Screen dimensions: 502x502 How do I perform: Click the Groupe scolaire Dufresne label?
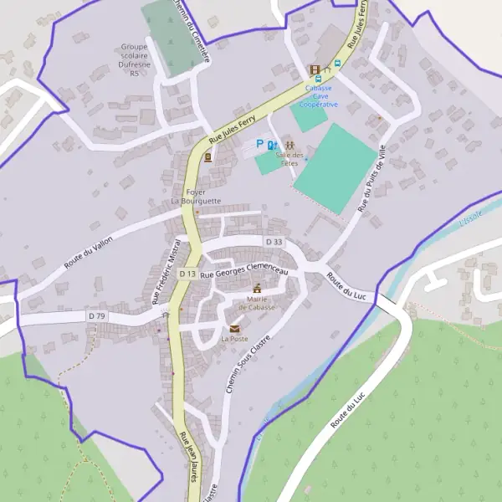134,59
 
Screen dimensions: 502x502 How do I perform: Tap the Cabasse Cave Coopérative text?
319,96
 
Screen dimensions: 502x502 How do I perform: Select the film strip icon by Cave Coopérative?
315,70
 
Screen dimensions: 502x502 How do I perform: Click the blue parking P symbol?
259,144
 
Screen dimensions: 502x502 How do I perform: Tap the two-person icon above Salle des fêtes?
289,145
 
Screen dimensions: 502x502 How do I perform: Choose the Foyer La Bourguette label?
196,197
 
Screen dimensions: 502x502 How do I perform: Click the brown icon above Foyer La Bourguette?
207,157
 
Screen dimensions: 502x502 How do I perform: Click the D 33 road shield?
274,242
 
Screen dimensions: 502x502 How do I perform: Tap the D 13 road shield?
187,274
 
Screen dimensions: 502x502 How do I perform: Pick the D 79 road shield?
97,315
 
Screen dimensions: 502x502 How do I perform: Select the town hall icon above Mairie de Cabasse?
257,288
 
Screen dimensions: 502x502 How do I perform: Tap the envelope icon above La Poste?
234,329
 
